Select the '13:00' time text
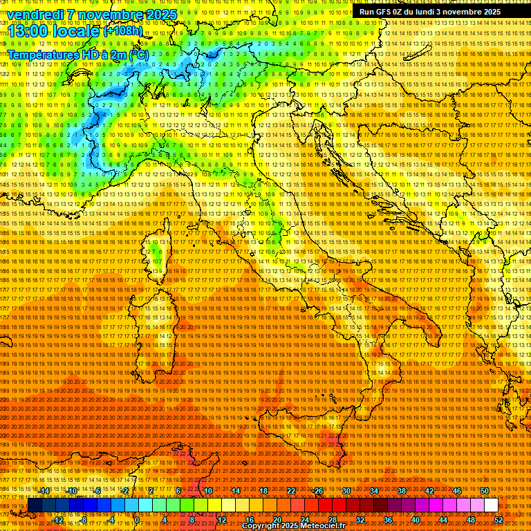point(28,31)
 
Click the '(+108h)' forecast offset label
point(123,31)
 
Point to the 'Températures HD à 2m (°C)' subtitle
point(77,54)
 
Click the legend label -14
point(44,491)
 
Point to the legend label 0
point(137,519)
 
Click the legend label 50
point(485,491)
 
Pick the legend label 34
point(374,491)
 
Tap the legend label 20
point(277,519)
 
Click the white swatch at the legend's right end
point(491,505)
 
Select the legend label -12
point(58,519)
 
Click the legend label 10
point(207,491)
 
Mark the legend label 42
point(429,491)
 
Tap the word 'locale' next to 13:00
point(75,31)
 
